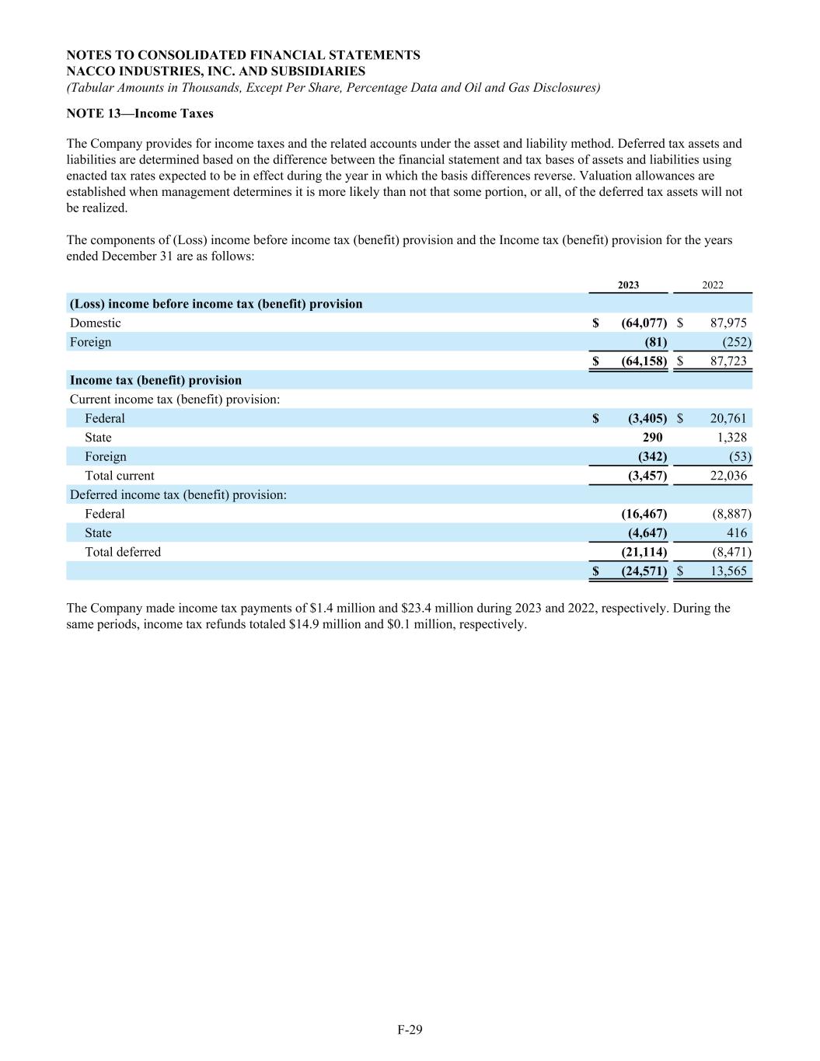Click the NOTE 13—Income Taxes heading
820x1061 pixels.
[140, 113]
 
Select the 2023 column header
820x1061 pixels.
[628, 285]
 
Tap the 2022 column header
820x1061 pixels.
[712, 285]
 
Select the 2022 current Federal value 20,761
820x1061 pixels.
[728, 419]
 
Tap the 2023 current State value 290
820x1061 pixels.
[652, 438]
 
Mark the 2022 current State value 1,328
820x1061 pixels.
[731, 438]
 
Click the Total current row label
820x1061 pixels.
[119, 476]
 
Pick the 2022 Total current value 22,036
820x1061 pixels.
[728, 476]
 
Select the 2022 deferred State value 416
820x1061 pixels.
[737, 533]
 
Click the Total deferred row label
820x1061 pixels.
[122, 552]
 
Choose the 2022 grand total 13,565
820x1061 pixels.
[728, 571]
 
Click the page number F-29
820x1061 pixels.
[410, 1030]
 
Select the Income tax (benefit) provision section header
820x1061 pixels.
[155, 381]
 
